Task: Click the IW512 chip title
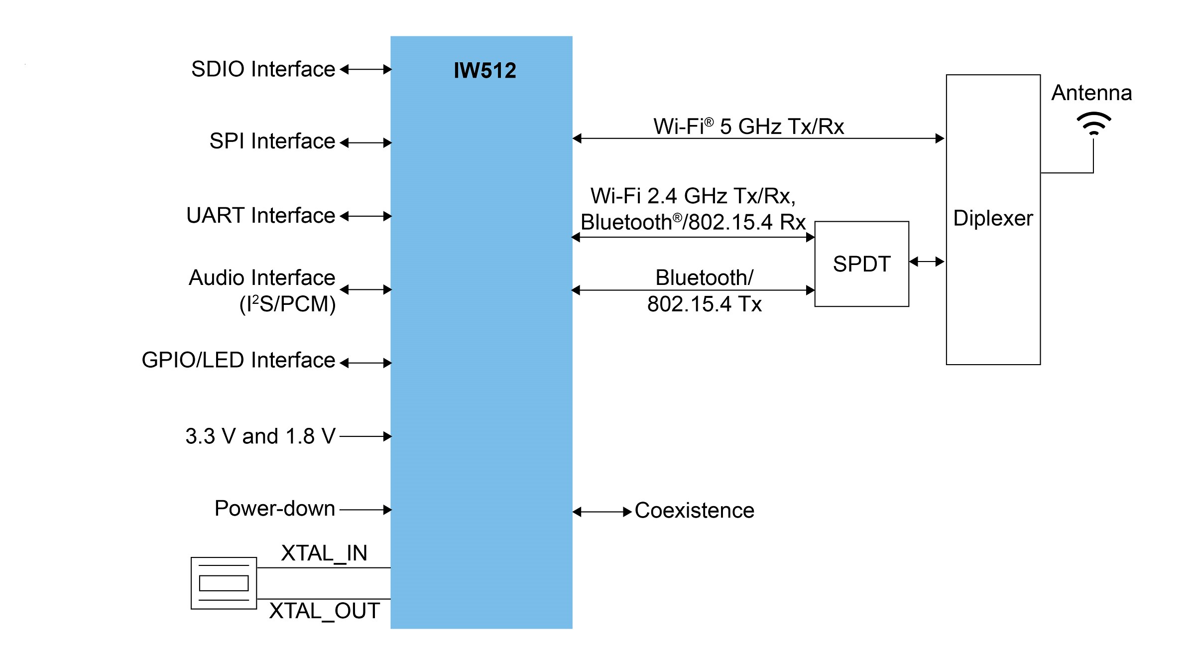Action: pos(484,70)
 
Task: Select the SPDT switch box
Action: pos(861,264)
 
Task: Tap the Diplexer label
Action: pos(993,218)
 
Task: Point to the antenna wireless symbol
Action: pos(1093,124)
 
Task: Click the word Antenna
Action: pos(1091,93)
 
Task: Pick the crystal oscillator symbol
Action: pos(224,583)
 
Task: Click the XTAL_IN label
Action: pos(324,553)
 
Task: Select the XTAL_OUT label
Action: pos(325,611)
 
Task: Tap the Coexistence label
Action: pos(695,511)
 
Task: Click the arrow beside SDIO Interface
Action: pos(366,70)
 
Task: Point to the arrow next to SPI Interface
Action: pos(366,143)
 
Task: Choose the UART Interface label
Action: pos(260,216)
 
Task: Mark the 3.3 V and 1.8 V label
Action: pos(260,436)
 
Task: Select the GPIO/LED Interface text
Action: pos(238,360)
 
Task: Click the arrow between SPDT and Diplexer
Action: pos(927,262)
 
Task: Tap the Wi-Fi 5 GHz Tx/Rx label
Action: pos(748,127)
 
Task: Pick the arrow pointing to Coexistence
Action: pos(602,512)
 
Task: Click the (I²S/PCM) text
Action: pos(287,304)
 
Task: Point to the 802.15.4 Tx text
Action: pos(704,304)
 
